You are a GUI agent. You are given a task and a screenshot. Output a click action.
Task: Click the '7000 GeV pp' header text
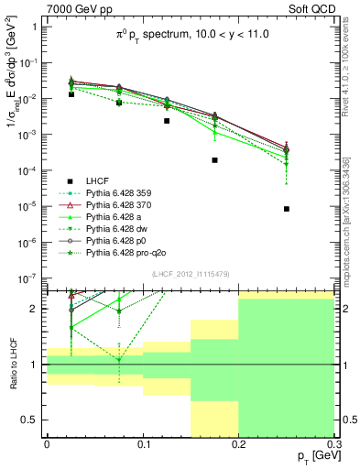(72, 8)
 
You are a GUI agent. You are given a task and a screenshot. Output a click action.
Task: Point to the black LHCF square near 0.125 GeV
(167, 121)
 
